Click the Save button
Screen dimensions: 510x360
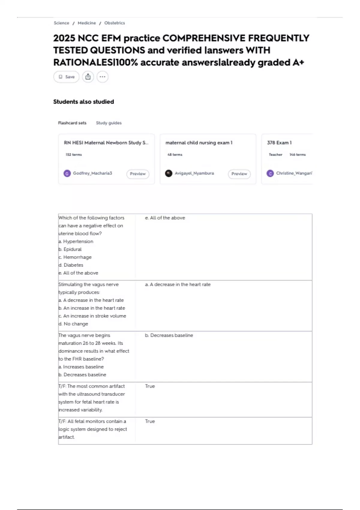[66, 77]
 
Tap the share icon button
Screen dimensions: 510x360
[88, 77]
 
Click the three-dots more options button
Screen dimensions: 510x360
[102, 77]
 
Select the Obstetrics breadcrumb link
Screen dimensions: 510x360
[114, 23]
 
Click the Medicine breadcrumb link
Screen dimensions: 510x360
[87, 23]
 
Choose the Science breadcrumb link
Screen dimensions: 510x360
[61, 23]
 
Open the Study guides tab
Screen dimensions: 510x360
[109, 123]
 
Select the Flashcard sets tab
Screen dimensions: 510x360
[72, 123]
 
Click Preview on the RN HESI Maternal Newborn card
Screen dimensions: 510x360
[138, 174]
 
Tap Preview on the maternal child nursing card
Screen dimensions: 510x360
[239, 174]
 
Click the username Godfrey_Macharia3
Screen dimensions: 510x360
[92, 173]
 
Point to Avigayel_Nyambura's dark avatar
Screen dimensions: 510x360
[169, 173]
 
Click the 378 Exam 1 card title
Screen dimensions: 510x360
[279, 143]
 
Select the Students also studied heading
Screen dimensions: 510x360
[83, 102]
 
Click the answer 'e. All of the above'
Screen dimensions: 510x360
[165, 218]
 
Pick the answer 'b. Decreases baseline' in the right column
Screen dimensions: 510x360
[169, 335]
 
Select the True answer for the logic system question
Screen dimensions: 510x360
[150, 421]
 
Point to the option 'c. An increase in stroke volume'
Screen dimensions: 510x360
[92, 316]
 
